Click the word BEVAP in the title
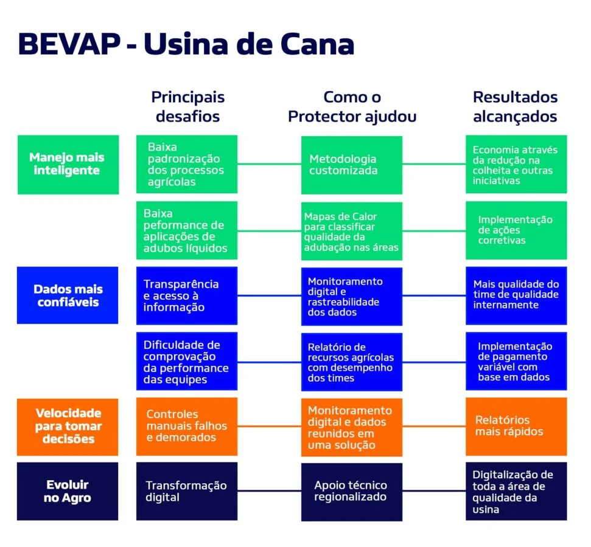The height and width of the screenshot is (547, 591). (x=69, y=44)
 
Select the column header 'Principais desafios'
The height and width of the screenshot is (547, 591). (x=187, y=107)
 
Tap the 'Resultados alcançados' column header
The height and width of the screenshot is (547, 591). (x=516, y=107)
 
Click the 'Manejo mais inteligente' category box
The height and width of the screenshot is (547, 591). (x=68, y=165)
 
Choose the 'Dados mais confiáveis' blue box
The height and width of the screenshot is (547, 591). (x=68, y=295)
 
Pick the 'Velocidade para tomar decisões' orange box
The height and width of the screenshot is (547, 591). (x=68, y=427)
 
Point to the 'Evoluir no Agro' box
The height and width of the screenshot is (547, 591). (x=68, y=491)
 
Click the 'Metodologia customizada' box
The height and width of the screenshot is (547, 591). (x=352, y=165)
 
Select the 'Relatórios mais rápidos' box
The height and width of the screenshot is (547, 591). (x=516, y=427)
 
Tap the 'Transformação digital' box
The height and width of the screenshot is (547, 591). (x=187, y=491)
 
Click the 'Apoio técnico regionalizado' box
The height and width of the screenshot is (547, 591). (x=352, y=492)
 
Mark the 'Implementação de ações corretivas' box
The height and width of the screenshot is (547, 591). (x=516, y=230)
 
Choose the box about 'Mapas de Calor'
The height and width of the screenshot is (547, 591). (x=352, y=231)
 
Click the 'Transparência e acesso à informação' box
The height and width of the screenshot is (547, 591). (x=187, y=296)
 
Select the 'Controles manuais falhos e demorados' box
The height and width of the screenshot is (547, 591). (x=187, y=427)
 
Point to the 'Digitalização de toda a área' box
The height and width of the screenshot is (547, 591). (x=516, y=491)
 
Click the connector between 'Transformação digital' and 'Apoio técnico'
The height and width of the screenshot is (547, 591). (x=269, y=491)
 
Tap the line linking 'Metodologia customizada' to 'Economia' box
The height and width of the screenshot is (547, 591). (x=434, y=163)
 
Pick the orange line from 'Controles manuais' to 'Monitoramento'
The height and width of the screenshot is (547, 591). (x=269, y=426)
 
